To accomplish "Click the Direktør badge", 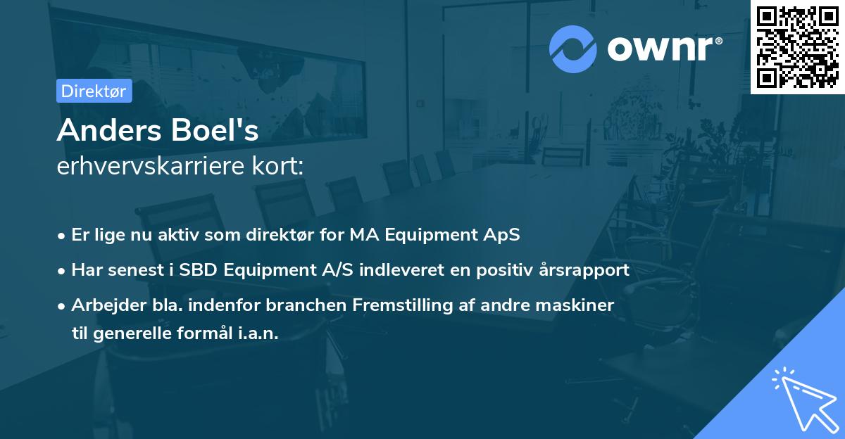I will [94, 91].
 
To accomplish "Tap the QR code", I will [797, 46].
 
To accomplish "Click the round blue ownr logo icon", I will [573, 49].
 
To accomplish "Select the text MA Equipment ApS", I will [434, 235].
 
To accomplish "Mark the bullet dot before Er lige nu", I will [63, 236].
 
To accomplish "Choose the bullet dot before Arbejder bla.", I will [63, 306].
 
